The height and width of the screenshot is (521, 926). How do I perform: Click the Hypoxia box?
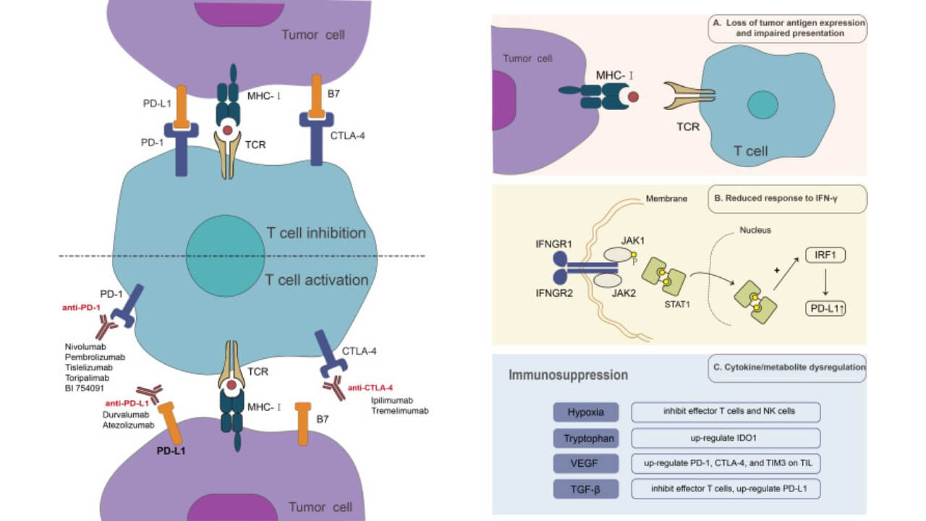[587, 412]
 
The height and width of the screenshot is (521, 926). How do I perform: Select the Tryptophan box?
[587, 438]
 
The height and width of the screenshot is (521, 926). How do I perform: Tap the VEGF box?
[587, 462]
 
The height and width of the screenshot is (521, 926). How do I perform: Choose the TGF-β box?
[587, 488]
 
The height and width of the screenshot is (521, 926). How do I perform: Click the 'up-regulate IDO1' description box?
[726, 438]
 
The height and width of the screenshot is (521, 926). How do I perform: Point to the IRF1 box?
[825, 255]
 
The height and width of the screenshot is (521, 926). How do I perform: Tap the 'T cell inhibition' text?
[315, 233]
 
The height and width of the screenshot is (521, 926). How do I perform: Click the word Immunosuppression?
[568, 376]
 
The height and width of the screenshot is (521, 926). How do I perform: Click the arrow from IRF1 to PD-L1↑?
[825, 282]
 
